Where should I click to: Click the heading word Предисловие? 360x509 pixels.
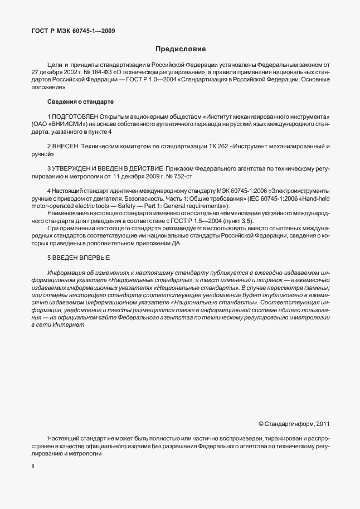point(181,49)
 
